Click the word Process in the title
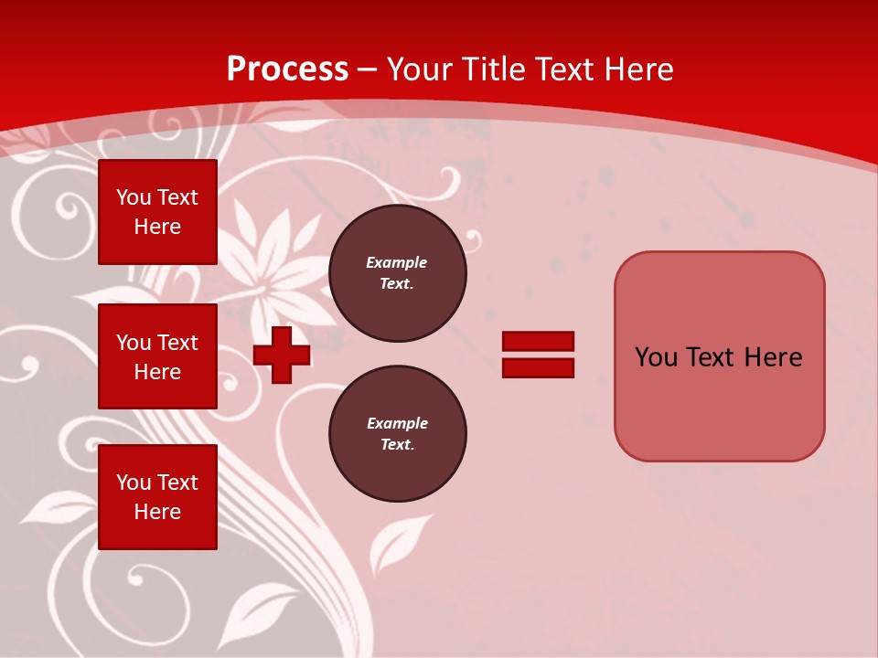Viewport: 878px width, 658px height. [x=287, y=69]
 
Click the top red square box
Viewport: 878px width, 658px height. [x=157, y=212]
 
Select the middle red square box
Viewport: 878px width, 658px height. [x=157, y=356]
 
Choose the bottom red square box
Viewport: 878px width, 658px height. [x=157, y=497]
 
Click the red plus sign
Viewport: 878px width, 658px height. [x=282, y=355]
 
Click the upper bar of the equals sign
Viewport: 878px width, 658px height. [x=538, y=341]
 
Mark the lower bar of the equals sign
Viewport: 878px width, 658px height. [x=538, y=368]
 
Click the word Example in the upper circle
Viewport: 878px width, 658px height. [x=397, y=262]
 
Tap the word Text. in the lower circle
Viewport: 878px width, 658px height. [x=397, y=445]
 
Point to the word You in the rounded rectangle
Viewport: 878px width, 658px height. [x=656, y=357]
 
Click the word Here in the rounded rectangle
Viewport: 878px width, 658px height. [x=773, y=357]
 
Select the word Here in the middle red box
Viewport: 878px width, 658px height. [x=157, y=372]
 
